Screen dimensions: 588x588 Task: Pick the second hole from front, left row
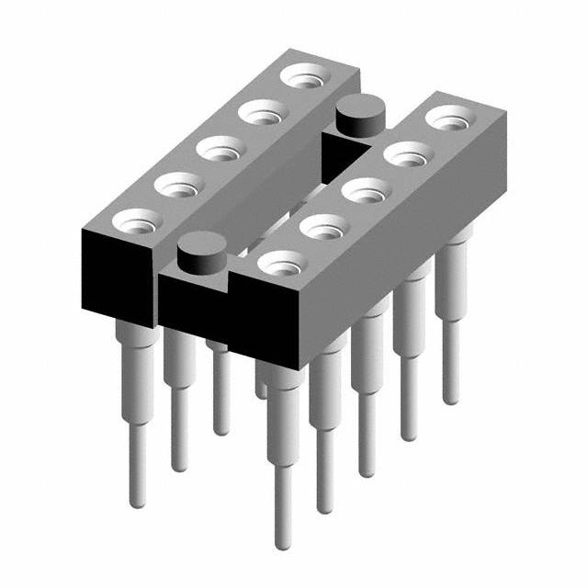click(x=178, y=185)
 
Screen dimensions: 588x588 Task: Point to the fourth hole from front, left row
click(x=262, y=113)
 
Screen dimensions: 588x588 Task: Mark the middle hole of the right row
click(x=366, y=192)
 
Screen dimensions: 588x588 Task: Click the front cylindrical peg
click(x=201, y=254)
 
